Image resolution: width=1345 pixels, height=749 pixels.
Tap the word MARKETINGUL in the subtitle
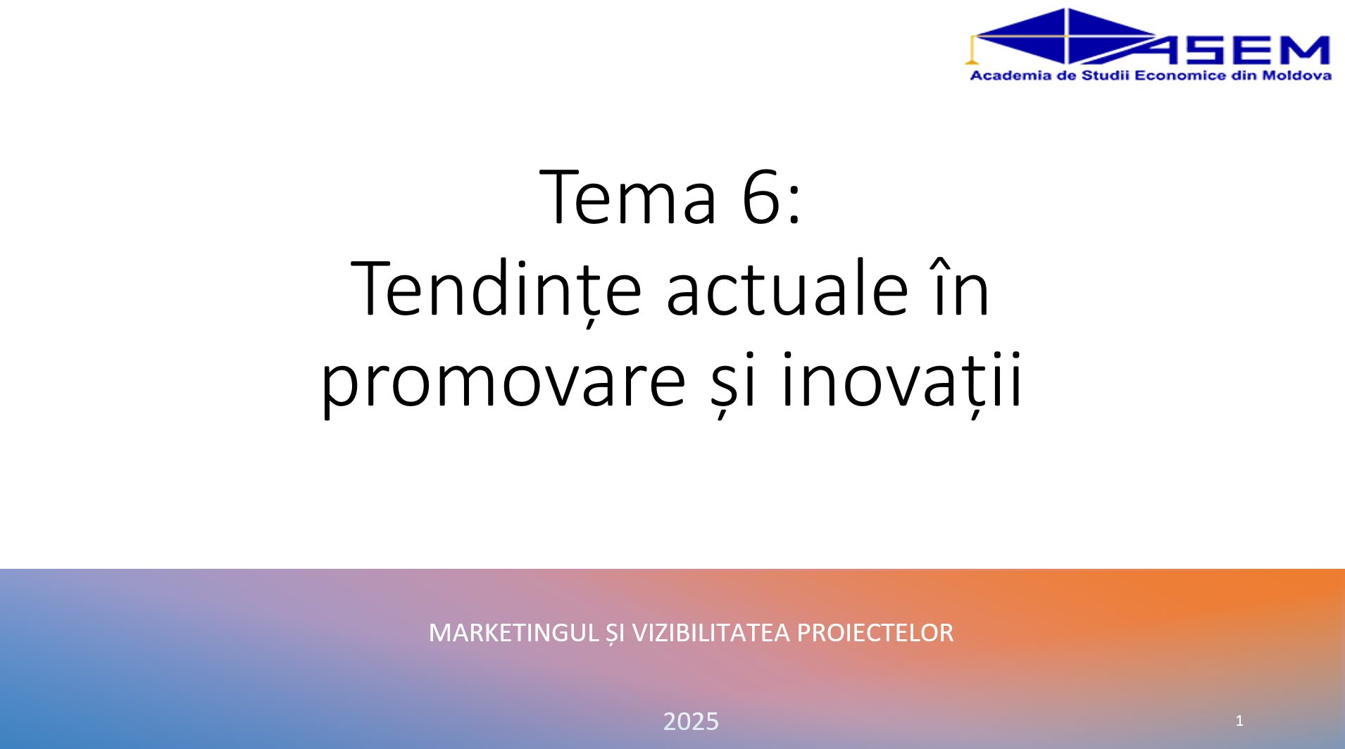tap(513, 633)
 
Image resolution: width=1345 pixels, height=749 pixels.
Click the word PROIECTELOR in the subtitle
tap(875, 633)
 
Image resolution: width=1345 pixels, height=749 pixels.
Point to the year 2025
tap(691, 722)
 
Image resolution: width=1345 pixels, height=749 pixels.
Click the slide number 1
tap(1239, 721)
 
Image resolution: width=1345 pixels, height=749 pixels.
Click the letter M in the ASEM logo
tap(1303, 50)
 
